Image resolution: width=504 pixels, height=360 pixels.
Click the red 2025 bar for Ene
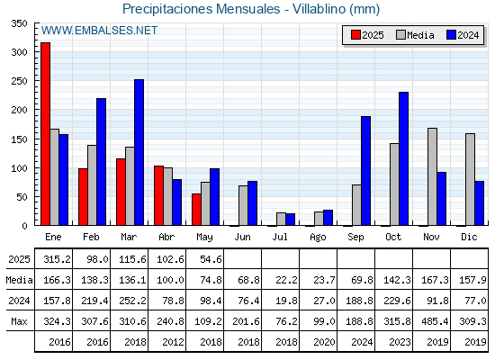(x=45, y=134)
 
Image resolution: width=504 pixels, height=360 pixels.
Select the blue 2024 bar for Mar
(x=139, y=152)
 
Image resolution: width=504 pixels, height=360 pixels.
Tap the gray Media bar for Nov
(x=432, y=176)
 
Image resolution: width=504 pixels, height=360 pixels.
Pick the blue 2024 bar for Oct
(x=404, y=158)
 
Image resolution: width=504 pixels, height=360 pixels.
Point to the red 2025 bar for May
(x=196, y=210)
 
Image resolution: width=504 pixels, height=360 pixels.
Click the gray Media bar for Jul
(x=281, y=219)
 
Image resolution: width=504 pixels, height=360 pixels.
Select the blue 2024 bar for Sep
(x=365, y=171)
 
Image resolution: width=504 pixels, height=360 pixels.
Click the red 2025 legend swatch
(x=355, y=35)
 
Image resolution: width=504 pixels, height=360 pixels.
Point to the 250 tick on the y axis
(x=19, y=81)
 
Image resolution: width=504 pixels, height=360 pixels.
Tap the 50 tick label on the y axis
(x=22, y=197)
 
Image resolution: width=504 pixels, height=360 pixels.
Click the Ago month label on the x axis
(x=318, y=238)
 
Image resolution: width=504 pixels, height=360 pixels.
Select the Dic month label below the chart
(x=469, y=237)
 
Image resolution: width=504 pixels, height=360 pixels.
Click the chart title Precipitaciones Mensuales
(x=202, y=9)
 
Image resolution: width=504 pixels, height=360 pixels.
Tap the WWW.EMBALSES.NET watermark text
(x=99, y=31)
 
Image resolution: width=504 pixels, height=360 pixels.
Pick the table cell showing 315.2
(x=57, y=259)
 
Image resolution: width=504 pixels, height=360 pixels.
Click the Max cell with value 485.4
(x=435, y=321)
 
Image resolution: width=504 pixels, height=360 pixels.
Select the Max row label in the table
(x=19, y=321)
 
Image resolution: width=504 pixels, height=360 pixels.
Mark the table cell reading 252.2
(x=132, y=301)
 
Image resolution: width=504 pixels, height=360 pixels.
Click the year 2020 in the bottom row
(x=324, y=342)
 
